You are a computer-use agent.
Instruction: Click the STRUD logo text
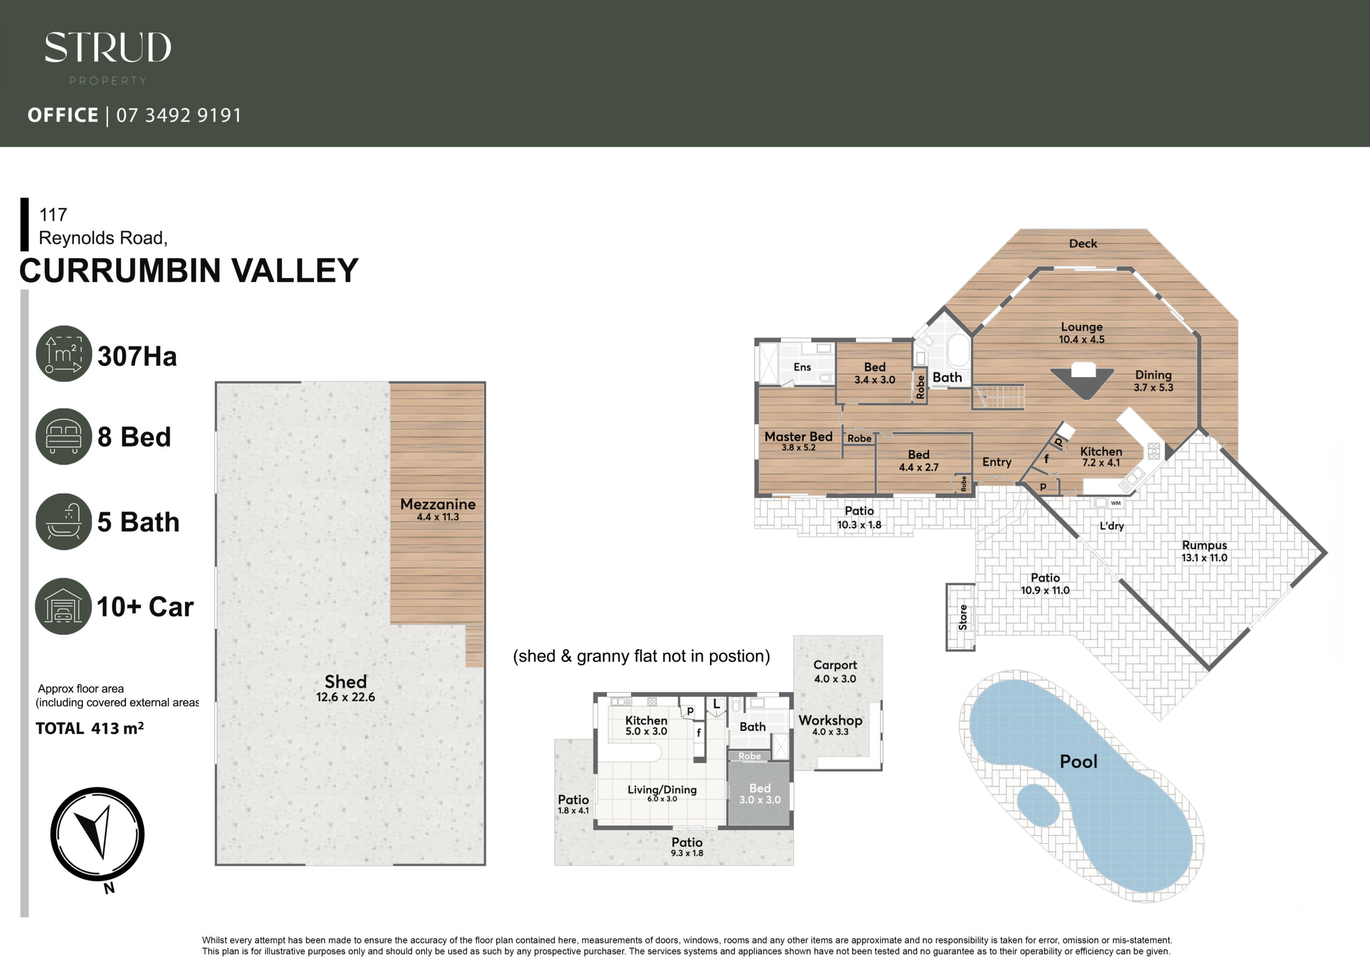108,48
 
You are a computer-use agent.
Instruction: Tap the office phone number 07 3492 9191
179,115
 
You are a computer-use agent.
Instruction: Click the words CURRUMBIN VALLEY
188,270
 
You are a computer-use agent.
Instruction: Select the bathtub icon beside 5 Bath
64,521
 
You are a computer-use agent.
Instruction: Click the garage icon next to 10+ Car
63,606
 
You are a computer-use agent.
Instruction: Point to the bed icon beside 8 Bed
64,436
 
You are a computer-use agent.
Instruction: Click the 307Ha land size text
137,357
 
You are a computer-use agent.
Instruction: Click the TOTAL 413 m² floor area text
89,729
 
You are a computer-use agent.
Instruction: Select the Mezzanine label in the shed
438,504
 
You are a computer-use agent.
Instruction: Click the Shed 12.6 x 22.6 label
346,688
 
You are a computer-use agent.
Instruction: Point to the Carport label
835,665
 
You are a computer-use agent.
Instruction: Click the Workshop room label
831,721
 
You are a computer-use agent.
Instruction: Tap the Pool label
1078,762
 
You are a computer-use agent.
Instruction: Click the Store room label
962,617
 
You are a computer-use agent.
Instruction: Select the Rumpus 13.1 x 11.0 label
1205,551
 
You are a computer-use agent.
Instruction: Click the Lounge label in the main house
1082,327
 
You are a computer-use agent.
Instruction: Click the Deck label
1083,244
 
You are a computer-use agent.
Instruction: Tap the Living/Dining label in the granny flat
662,789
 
